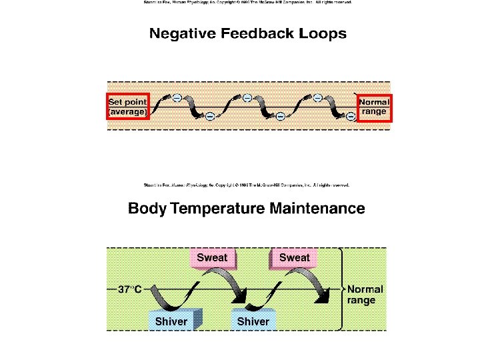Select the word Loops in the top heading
pyautogui.click(x=324, y=33)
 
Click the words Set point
pyautogui.click(x=127, y=102)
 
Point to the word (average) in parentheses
pyautogui.click(x=127, y=112)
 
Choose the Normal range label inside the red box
pyautogui.click(x=375, y=107)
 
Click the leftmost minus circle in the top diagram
pyautogui.click(x=177, y=98)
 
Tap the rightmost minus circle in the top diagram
pyautogui.click(x=351, y=117)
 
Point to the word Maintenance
pyautogui.click(x=317, y=209)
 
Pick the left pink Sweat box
pyautogui.click(x=212, y=258)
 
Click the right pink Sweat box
pyautogui.click(x=294, y=258)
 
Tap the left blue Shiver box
pyautogui.click(x=171, y=321)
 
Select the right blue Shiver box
pyautogui.click(x=253, y=321)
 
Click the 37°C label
pyautogui.click(x=130, y=289)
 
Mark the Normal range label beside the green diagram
pyautogui.click(x=365, y=295)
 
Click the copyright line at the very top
pyautogui.click(x=247, y=3)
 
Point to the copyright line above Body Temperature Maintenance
pyautogui.click(x=247, y=185)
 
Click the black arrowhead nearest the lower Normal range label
pyautogui.click(x=325, y=297)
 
